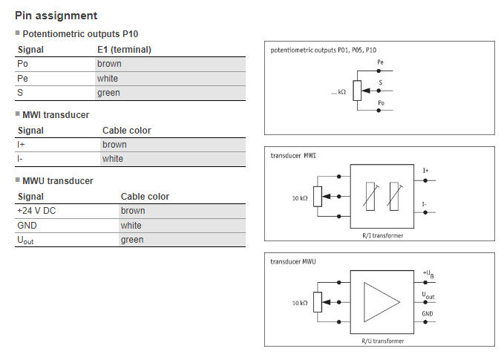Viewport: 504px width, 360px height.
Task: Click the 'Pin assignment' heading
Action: point(56,16)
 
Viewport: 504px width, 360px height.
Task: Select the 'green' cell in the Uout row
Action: point(132,240)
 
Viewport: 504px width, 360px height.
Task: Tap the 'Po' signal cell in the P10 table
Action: point(22,64)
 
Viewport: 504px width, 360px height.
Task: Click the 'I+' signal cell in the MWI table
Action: point(21,145)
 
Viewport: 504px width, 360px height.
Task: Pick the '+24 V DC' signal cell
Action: point(36,211)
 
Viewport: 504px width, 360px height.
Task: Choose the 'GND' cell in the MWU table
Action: point(27,226)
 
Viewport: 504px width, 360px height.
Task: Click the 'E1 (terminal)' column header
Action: point(124,50)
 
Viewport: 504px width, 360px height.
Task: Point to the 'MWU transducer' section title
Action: point(58,181)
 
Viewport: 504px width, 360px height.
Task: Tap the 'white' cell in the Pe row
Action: point(108,79)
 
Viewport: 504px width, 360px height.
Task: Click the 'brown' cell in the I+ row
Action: point(114,145)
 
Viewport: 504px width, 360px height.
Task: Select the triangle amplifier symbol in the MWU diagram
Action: point(382,302)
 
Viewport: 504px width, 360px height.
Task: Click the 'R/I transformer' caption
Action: point(382,235)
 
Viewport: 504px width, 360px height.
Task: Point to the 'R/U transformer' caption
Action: point(382,341)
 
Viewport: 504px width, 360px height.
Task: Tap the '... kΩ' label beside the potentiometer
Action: point(338,92)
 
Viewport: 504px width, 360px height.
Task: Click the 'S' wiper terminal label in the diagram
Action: point(381,82)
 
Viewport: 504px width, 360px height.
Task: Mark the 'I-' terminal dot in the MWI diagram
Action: point(425,212)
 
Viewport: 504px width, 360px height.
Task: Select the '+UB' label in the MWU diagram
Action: point(428,274)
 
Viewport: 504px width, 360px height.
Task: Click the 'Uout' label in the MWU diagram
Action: point(428,295)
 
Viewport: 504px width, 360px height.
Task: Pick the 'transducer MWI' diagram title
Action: point(293,156)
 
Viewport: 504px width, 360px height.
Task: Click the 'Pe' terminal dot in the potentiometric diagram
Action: point(379,71)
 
